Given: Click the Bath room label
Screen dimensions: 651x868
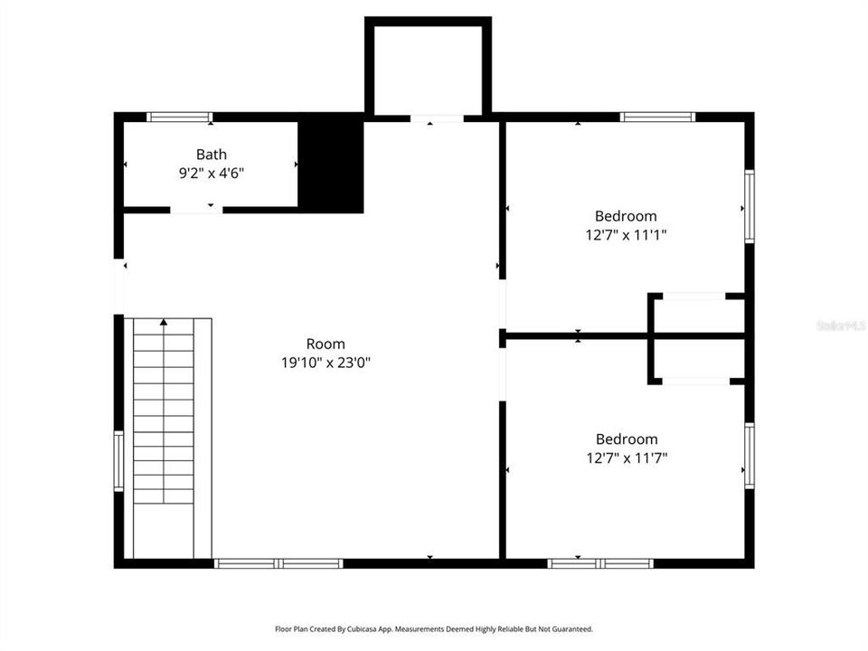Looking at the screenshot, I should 212,155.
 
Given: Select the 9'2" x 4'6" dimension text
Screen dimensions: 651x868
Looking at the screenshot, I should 212,173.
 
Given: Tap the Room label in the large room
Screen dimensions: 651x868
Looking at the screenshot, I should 325,344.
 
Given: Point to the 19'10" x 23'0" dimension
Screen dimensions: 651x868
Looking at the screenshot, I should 325,363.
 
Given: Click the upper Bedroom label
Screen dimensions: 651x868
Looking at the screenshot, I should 626,216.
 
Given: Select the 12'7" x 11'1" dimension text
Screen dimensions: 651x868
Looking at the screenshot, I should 626,235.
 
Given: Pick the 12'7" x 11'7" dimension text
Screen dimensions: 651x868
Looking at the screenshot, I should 626,458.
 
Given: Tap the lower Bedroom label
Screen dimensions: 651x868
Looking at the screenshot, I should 626,439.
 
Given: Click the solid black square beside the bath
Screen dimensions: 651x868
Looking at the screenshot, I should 331,165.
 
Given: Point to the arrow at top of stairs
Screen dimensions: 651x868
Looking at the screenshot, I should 164,321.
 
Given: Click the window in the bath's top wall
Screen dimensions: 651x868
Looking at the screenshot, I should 180,117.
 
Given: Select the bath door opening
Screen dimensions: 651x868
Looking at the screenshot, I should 196,210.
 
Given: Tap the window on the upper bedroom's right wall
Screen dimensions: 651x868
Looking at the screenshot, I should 749,206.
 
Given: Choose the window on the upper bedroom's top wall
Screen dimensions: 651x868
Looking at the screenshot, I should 657,117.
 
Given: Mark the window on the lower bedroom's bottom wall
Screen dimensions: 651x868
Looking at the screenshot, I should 600,563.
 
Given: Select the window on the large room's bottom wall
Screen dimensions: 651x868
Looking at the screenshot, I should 278,563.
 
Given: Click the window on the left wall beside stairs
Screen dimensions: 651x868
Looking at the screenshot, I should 118,461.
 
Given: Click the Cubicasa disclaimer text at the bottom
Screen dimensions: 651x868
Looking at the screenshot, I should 434,628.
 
